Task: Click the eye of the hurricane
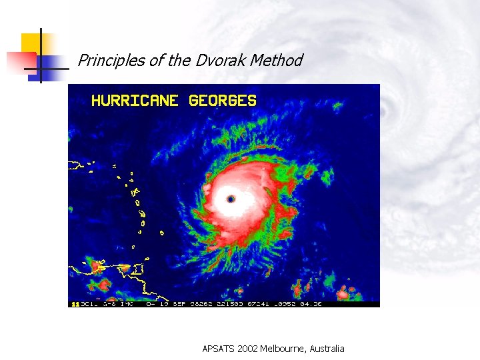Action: pyautogui.click(x=231, y=199)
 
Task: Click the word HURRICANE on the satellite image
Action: pyautogui.click(x=135, y=101)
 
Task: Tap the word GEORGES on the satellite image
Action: pyautogui.click(x=223, y=101)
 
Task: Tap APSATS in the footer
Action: pyautogui.click(x=219, y=349)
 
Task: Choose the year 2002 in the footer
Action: pyautogui.click(x=250, y=349)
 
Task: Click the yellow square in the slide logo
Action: pyautogui.click(x=31, y=43)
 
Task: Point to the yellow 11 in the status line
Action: pyautogui.click(x=75, y=304)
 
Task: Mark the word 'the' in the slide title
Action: pyautogui.click(x=179, y=61)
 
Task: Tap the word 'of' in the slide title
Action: pyautogui.click(x=157, y=61)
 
